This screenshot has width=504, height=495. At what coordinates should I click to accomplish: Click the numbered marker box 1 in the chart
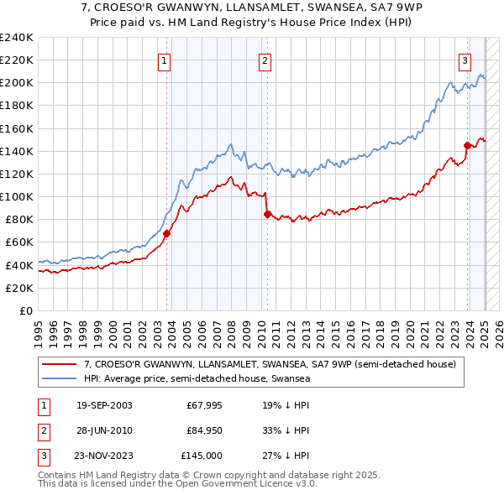[164, 60]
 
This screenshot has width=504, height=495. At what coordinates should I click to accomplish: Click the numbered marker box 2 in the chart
[265, 60]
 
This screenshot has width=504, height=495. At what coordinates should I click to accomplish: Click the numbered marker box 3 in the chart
[465, 60]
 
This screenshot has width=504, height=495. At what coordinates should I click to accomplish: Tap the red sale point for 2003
[166, 233]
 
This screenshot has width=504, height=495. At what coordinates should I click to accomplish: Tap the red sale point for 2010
[267, 214]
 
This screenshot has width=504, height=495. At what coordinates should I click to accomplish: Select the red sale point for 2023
[467, 145]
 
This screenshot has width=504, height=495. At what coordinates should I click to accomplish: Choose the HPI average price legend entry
[197, 378]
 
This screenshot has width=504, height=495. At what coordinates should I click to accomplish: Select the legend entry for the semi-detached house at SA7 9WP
[269, 364]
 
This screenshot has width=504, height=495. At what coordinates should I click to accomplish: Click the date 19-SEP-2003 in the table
[104, 406]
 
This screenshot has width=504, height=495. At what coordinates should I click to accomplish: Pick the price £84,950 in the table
[204, 431]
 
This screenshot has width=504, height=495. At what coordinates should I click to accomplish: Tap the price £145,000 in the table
[202, 456]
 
